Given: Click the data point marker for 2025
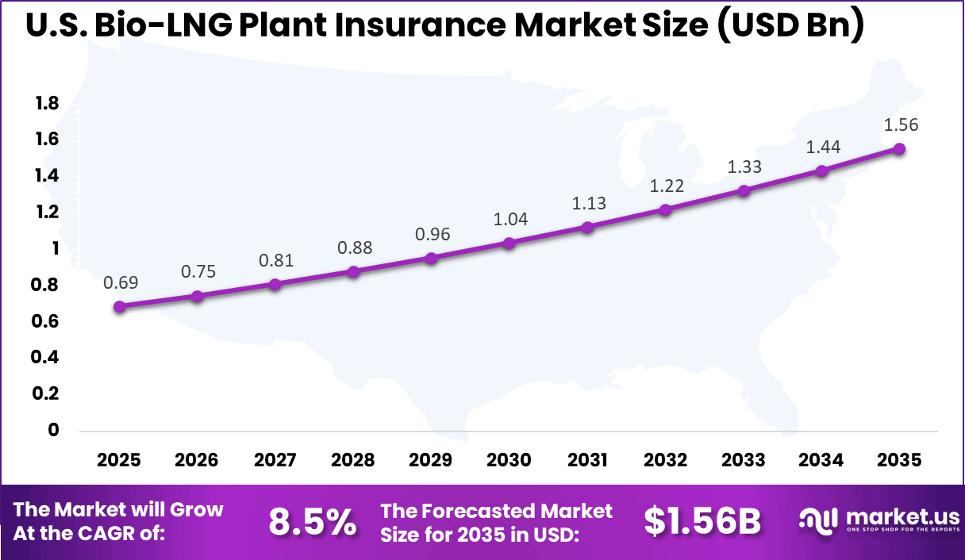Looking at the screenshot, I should (119, 306).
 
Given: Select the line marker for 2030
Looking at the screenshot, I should (509, 243).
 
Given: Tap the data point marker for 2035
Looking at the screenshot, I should (900, 148).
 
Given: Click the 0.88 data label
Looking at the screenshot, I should (354, 247).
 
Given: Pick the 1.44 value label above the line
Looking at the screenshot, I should (823, 147).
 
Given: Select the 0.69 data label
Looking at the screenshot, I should (119, 282).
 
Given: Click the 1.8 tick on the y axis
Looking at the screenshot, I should (47, 103).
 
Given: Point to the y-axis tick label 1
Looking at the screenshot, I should (56, 248).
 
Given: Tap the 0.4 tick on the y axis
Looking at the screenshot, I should (47, 358).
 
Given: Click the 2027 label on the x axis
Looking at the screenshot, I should (275, 461).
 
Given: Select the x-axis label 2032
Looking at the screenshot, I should (666, 461).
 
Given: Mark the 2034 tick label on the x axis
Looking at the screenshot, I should (822, 461).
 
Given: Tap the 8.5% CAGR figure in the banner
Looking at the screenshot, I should (312, 521).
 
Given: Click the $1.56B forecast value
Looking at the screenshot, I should (702, 521).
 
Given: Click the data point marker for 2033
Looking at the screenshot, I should (744, 190).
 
